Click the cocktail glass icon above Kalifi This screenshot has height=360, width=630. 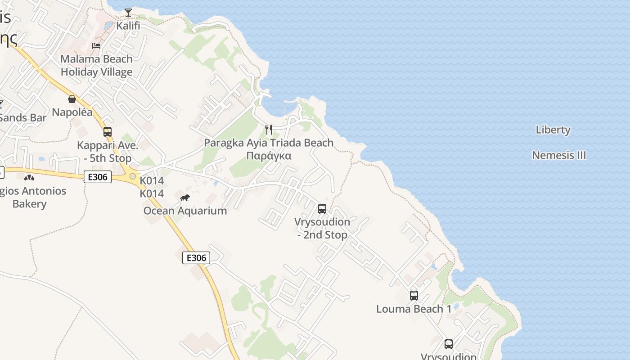coord(128,13)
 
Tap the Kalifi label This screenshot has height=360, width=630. coord(128,26)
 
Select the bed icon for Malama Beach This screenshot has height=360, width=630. coord(96,45)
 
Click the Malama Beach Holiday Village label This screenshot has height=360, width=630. coord(96,65)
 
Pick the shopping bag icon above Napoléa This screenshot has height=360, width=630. coord(72,99)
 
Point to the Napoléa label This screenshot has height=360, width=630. coord(72,112)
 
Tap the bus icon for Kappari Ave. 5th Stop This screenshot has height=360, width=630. coord(108,132)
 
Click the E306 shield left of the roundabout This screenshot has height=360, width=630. coord(98,177)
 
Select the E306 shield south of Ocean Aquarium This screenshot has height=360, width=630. coord(196,258)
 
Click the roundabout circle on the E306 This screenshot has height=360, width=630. coord(133,176)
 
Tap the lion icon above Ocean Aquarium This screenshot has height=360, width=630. coord(185,198)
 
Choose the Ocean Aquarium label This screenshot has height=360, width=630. coord(185,211)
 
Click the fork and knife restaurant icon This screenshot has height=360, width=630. coord(269,130)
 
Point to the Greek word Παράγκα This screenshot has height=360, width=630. coord(269,156)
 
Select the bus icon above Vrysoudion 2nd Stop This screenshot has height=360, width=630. coord(322,208)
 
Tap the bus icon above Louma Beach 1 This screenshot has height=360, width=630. coord(414,296)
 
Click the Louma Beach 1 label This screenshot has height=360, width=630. coord(414,309)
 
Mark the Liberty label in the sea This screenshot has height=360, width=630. coord(553,130)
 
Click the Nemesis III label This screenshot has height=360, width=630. coord(559,155)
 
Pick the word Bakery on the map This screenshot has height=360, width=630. coord(29,204)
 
